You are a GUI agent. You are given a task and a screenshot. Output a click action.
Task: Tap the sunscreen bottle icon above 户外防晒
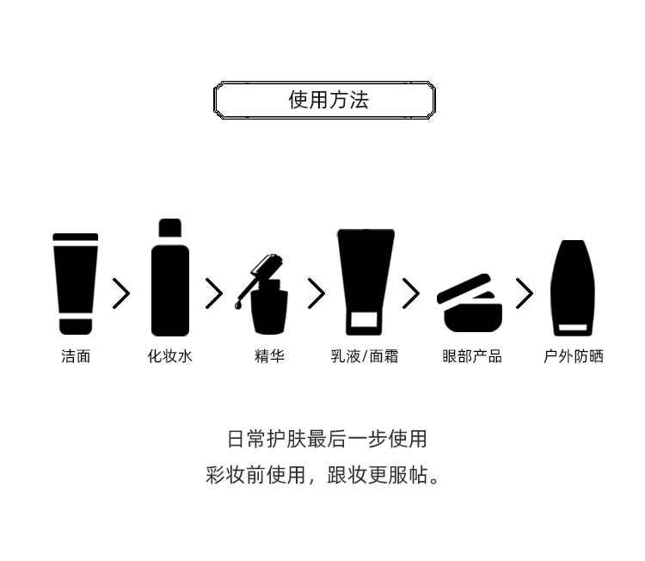(573, 288)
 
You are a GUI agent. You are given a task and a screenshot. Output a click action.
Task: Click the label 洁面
(76, 356)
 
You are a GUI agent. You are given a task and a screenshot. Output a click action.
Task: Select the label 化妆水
(170, 356)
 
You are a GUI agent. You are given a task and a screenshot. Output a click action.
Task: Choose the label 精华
(269, 356)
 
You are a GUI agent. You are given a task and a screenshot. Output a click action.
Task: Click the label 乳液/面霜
(365, 356)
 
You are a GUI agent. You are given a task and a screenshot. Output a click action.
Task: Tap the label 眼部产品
(471, 356)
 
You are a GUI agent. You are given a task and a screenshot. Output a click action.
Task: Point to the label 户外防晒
(573, 356)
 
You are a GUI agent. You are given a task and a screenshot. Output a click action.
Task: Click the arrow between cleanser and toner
(121, 294)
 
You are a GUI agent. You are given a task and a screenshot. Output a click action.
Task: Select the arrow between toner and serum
(214, 294)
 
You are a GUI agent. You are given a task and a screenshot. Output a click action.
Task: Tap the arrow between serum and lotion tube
(316, 294)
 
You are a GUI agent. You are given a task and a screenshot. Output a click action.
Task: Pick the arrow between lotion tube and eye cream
(411, 294)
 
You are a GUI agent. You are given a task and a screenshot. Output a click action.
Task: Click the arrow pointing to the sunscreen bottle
(524, 294)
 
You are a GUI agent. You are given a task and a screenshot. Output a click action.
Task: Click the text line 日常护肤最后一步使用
(327, 439)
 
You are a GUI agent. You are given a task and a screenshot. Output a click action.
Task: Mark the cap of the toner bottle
(170, 228)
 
